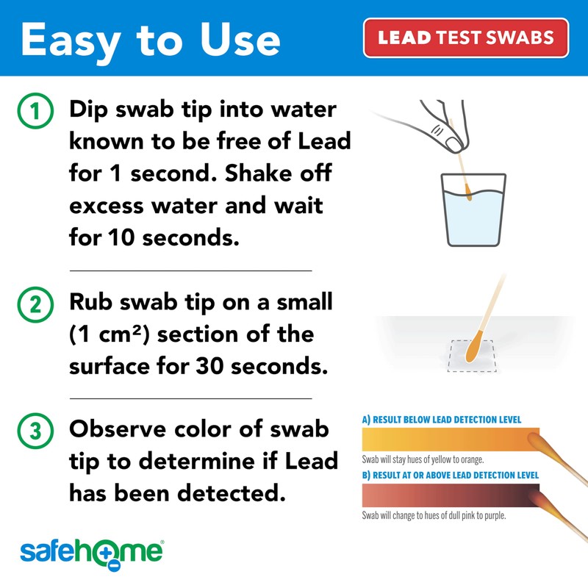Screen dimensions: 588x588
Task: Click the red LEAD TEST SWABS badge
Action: point(466,37)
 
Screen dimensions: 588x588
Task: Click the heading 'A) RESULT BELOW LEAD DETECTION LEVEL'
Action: point(442,420)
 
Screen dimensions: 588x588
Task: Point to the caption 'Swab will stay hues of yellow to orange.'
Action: point(423,459)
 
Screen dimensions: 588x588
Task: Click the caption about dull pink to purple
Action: point(434,515)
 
